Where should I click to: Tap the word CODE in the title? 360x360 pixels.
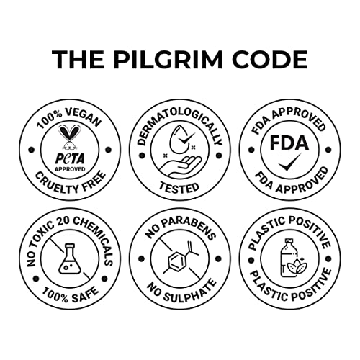269,60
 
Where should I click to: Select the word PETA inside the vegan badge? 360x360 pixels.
70,158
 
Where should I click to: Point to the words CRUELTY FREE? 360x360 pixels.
71,184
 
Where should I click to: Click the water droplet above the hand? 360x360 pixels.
177,140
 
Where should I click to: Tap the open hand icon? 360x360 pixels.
180,166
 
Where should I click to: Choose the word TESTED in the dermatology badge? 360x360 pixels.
179,187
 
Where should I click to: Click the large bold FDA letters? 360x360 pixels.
289,143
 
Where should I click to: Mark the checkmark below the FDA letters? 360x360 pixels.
290,162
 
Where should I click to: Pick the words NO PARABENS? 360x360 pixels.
180,228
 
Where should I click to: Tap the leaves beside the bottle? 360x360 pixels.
297,266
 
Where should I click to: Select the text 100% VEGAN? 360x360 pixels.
69,117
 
